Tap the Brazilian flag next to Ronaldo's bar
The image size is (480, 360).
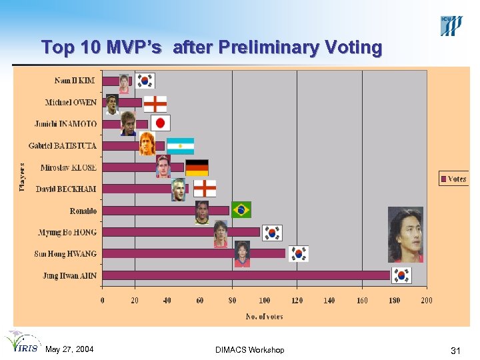click(241, 210)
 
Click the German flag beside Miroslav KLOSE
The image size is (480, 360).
click(197, 167)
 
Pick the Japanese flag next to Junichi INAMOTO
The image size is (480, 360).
click(161, 123)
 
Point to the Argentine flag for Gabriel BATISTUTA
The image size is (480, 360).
click(180, 145)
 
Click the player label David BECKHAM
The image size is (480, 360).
click(66, 189)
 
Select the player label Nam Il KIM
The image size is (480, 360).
click(75, 81)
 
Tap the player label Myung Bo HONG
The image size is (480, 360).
click(67, 232)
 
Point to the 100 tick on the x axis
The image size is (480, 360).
click(265, 301)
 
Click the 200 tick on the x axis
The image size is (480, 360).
click(427, 301)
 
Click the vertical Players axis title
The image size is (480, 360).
click(22, 177)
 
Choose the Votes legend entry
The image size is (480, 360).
click(453, 179)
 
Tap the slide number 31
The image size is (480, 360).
click(456, 351)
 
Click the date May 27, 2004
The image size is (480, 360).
click(69, 350)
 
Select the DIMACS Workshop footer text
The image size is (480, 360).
click(250, 350)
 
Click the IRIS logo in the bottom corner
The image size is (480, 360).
click(22, 343)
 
